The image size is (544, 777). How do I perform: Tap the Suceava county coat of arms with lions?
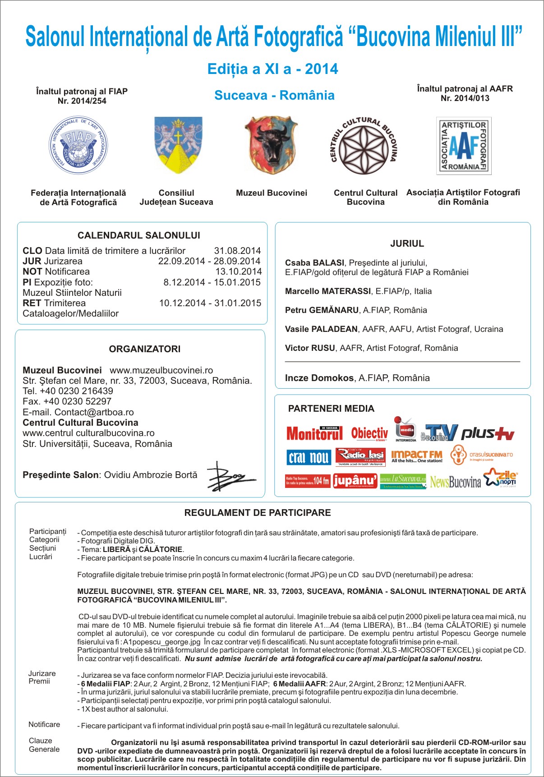[x=178, y=145]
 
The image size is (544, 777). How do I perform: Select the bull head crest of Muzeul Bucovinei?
[x=272, y=145]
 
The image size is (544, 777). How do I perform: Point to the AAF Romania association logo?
[x=464, y=146]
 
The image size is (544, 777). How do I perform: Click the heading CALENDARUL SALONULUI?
[x=139, y=235]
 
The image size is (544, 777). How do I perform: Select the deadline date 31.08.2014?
[x=237, y=251]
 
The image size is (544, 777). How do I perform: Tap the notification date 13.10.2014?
[x=239, y=271]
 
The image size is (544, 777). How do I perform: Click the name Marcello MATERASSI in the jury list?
[x=328, y=291]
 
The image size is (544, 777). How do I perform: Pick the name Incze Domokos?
[x=319, y=378]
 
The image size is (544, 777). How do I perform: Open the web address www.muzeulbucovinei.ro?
[x=161, y=370]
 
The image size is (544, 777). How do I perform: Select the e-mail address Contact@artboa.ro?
[x=94, y=412]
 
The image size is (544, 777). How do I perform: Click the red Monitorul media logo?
[x=314, y=433]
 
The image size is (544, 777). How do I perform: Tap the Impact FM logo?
[x=417, y=456]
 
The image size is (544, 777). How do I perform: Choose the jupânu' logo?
[x=355, y=481]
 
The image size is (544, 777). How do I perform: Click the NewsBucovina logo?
[x=455, y=482]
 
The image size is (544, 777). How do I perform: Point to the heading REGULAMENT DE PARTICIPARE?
[x=258, y=513]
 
